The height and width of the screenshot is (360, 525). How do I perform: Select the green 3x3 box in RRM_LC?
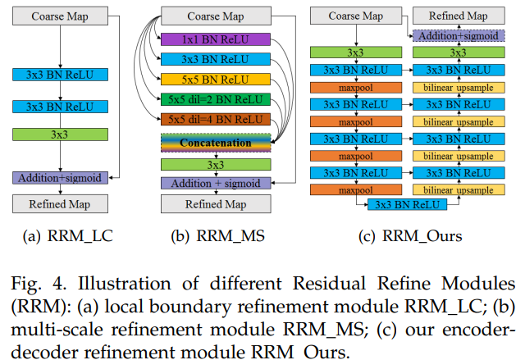(x=58, y=132)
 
